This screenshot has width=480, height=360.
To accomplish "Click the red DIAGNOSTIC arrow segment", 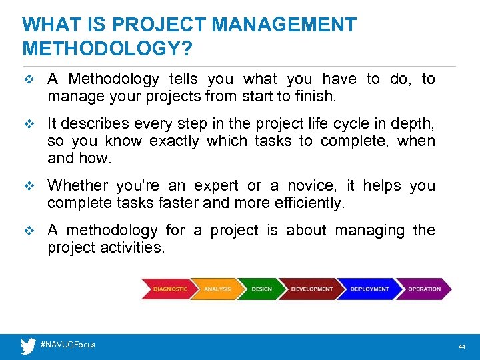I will coord(168,289).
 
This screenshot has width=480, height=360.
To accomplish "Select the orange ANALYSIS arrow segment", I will coord(216,289).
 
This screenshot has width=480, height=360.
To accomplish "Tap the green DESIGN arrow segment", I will coord(261,289).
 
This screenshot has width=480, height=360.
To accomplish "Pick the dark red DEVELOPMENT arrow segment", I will coord(311,289).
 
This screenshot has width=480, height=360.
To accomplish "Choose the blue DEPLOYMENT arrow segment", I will coord(369,289).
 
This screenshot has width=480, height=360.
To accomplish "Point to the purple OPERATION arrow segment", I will coord(424,289).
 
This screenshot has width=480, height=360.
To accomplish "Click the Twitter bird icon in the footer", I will coord(28,346).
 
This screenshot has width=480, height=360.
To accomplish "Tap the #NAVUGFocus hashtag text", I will coord(67,345).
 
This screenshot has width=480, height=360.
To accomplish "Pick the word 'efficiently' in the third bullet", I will coord(309,203).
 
